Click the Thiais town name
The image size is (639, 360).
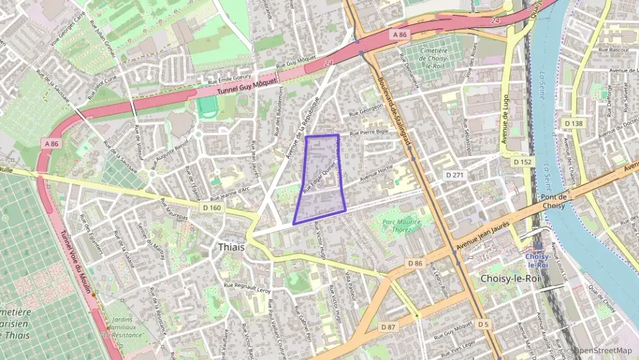231,247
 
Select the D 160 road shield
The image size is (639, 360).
212,207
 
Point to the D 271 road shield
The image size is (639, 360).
455,176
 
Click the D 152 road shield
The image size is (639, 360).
522,162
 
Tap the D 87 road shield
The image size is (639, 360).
387,327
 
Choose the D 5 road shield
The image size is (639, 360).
483,323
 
